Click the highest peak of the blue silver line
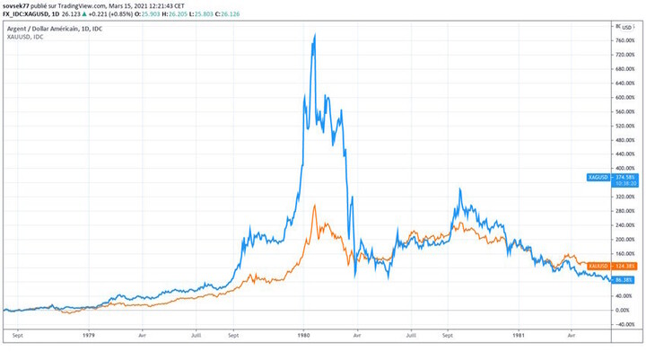point(314,35)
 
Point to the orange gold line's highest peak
point(314,206)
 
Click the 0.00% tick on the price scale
point(624,310)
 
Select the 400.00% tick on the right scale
point(624,168)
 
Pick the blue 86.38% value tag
point(624,280)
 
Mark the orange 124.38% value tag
point(624,267)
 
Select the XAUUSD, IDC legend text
point(27,38)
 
